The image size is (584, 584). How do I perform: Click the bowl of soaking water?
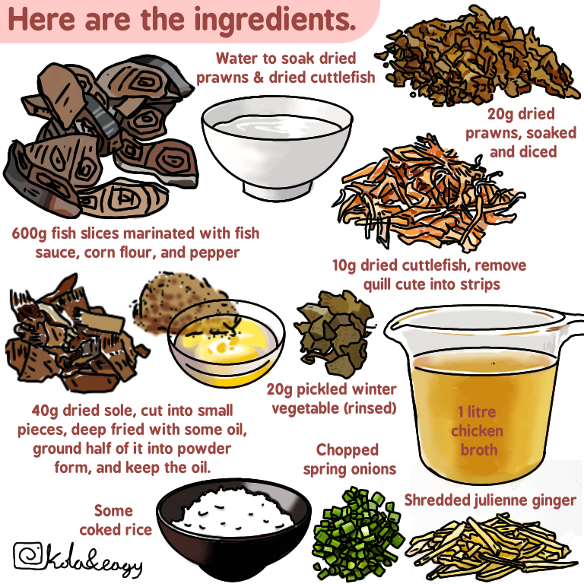pos(277,147)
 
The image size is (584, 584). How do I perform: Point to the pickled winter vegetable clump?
pos(334,333)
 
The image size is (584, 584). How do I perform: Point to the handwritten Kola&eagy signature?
pos(93,560)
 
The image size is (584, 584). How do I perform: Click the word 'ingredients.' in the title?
pos(275,21)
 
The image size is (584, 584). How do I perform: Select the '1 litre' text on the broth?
pos(477,412)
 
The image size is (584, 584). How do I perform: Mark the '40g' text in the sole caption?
pos(45,411)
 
